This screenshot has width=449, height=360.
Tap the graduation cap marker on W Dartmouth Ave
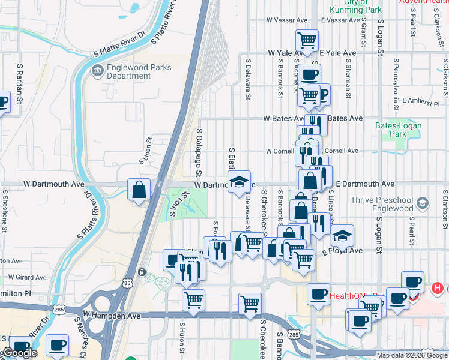pos(238,182)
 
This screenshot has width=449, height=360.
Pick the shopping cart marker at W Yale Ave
pos(307,41)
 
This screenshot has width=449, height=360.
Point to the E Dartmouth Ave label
pos(365,184)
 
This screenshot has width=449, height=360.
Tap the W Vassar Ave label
pos(290,20)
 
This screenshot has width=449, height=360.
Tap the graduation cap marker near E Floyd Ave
pos(342,236)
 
